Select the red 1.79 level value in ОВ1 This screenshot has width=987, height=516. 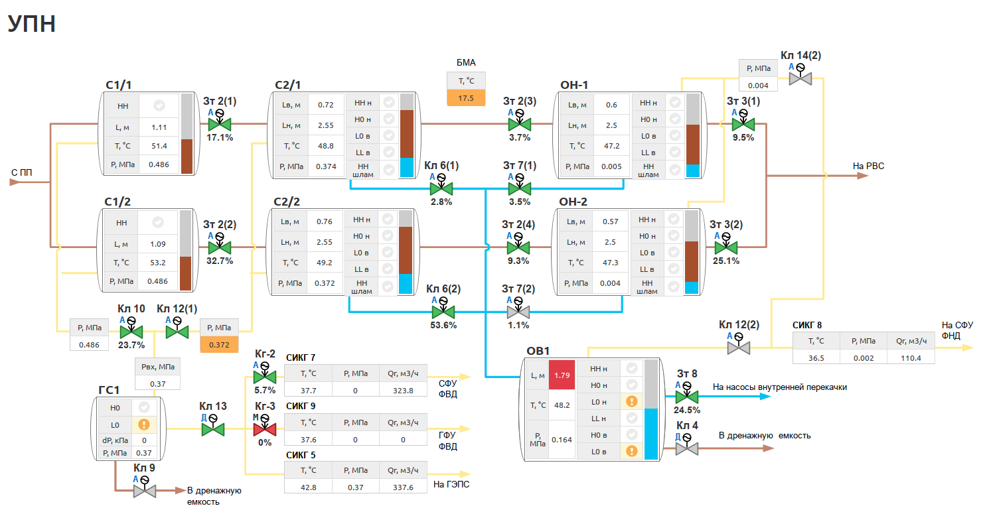pyautogui.click(x=562, y=375)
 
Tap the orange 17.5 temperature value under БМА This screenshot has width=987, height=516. pyautogui.click(x=466, y=97)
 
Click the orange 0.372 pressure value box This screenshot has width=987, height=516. pyautogui.click(x=218, y=344)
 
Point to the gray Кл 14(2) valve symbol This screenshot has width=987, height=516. pyautogui.click(x=800, y=78)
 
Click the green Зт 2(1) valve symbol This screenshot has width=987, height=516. pyautogui.click(x=220, y=124)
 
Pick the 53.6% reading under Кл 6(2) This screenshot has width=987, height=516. pyautogui.click(x=443, y=325)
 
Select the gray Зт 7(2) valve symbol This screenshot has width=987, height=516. pyautogui.click(x=518, y=312)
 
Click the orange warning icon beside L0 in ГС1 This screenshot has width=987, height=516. pyautogui.click(x=143, y=424)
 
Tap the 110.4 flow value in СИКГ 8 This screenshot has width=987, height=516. pyautogui.click(x=911, y=357)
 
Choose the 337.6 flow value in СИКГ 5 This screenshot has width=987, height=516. pyautogui.click(x=403, y=487)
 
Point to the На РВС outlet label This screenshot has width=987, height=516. pyautogui.click(x=868, y=166)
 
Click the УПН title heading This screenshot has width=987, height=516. pyautogui.click(x=31, y=25)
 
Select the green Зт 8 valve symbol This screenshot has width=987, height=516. pyautogui.click(x=687, y=397)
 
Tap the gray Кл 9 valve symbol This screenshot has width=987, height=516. pyautogui.click(x=144, y=491)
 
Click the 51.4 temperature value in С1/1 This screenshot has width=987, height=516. pyautogui.click(x=159, y=146)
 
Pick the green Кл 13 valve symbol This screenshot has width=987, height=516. pyautogui.click(x=213, y=429)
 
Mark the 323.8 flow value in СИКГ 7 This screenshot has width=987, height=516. pyautogui.click(x=403, y=391)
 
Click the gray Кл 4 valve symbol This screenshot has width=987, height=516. pyautogui.click(x=687, y=448)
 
